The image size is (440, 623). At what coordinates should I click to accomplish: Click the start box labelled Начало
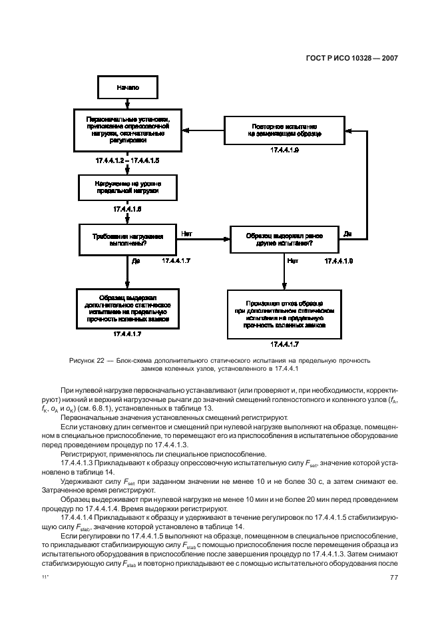[x=128, y=87]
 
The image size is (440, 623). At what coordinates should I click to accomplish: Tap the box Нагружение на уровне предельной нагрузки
[x=128, y=186]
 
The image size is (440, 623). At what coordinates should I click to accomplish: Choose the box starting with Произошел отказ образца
[x=284, y=315]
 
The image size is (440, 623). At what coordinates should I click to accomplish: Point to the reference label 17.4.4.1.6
[x=127, y=209]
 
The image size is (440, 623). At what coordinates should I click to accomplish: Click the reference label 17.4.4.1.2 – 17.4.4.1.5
[x=127, y=161]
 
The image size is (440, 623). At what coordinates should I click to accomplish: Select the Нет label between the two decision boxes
[x=187, y=234]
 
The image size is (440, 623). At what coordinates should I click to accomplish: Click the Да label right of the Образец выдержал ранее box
[x=347, y=234]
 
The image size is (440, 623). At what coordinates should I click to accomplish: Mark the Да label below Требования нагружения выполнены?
[x=135, y=262]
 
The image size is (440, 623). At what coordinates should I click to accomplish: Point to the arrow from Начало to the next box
[x=127, y=103]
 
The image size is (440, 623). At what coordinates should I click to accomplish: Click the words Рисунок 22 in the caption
[x=85, y=360]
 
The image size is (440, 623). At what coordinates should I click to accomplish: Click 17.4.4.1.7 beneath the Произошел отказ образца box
[x=284, y=344]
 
